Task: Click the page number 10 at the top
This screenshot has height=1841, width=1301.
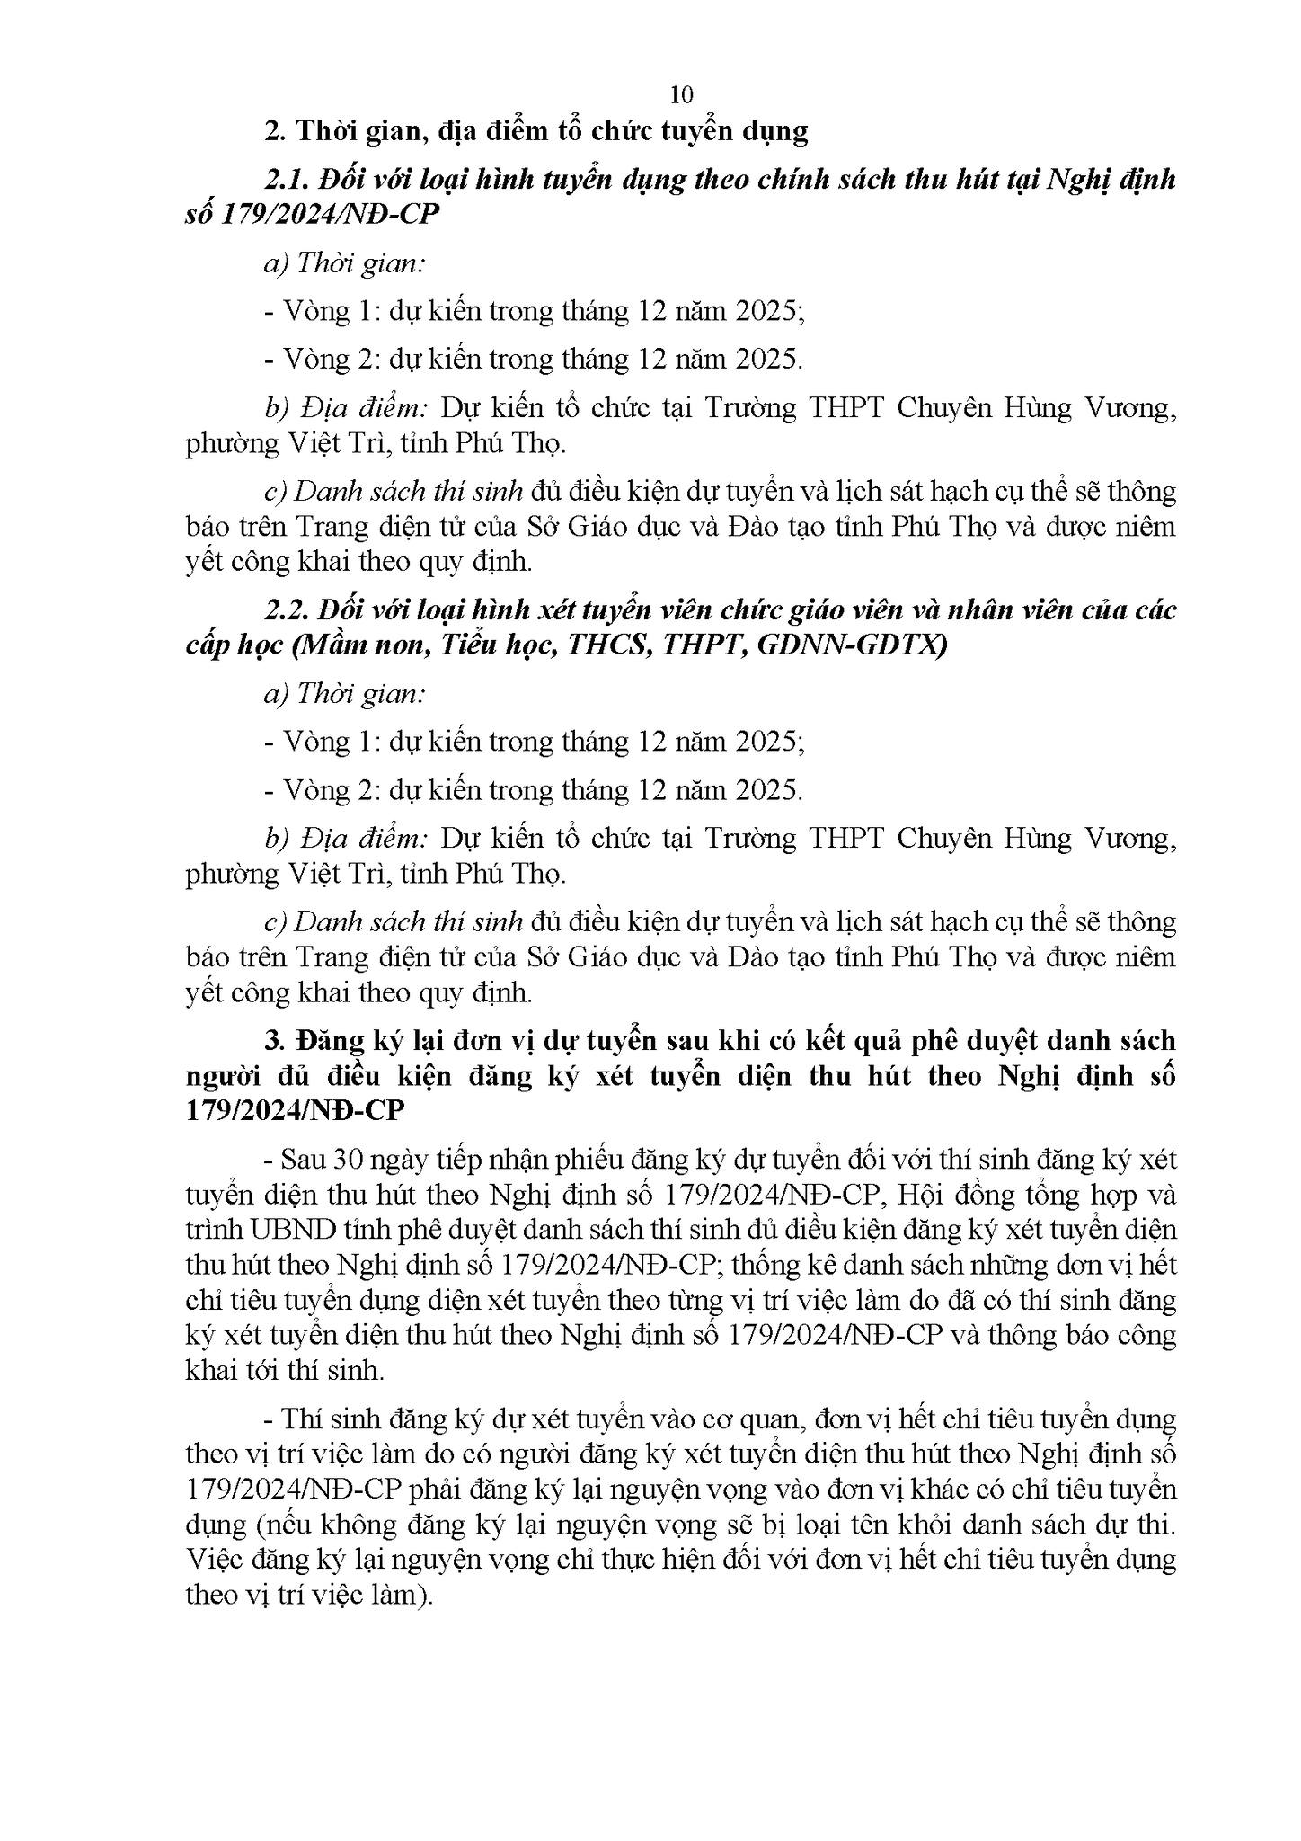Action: tap(681, 94)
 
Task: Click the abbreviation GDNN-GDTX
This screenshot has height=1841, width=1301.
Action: tap(853, 646)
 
